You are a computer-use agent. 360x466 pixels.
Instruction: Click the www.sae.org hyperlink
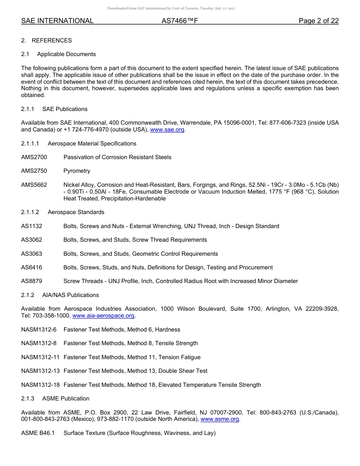coord(167,130)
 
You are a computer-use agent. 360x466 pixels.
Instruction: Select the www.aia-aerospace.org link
coord(103,316)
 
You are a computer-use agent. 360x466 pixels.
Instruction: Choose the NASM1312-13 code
coord(41,371)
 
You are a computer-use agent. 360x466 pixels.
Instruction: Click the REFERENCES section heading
coord(52,41)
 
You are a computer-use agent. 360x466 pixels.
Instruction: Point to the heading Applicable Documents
coord(66,54)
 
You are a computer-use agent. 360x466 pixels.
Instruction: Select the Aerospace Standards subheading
coord(76,212)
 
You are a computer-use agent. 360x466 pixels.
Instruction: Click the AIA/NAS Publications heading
coord(70,295)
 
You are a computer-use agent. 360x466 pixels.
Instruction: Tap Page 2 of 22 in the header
coord(318,21)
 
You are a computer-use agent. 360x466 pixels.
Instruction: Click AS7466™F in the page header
coord(180,21)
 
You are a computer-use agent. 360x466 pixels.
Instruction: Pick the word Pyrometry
coord(77,171)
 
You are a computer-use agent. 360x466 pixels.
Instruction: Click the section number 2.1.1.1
coord(30,144)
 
